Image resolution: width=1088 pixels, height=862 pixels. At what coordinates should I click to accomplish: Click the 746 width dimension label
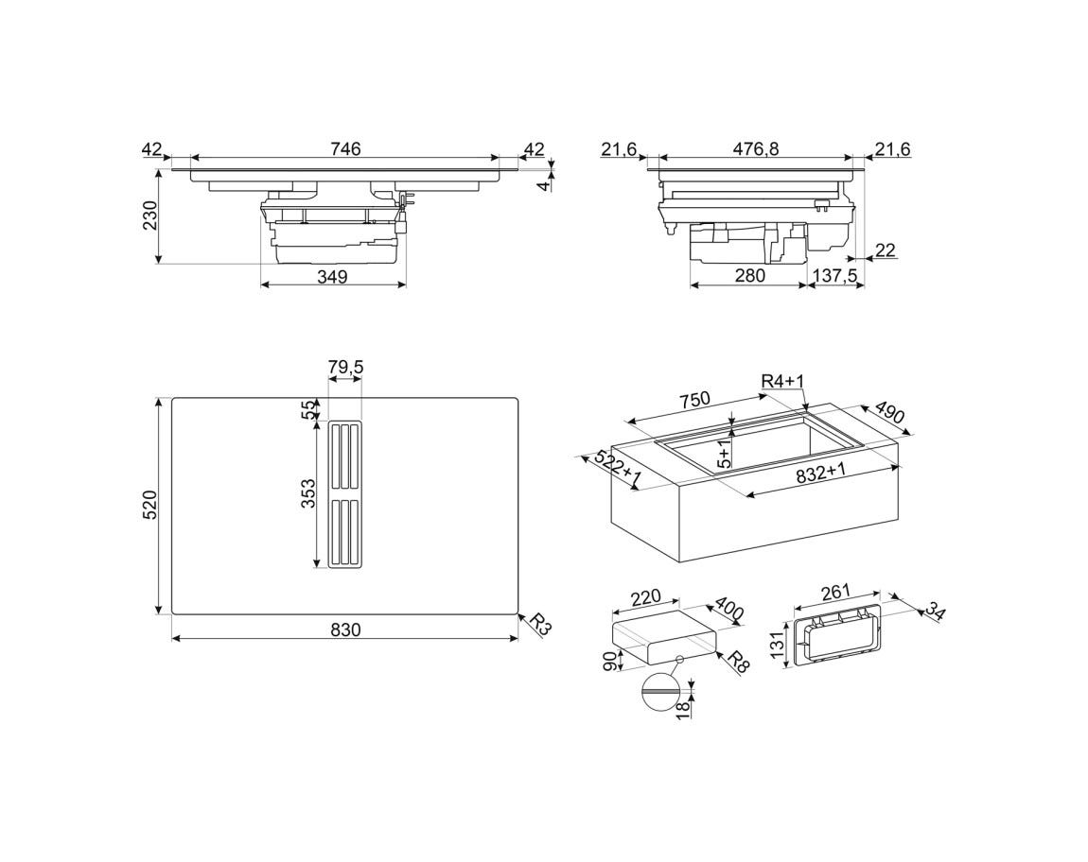pos(345,148)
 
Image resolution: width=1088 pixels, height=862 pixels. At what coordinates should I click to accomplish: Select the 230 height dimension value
pos(150,215)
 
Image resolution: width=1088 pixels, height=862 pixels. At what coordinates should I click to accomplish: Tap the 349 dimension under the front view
pos(332,277)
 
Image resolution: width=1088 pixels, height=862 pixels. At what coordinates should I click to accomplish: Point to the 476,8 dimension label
pos(756,148)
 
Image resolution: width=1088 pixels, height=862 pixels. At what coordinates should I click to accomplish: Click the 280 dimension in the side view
pos(749,275)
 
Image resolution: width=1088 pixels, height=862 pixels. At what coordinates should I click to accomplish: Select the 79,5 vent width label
pos(345,367)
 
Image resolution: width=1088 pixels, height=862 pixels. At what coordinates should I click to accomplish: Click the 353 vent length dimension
pos(308,493)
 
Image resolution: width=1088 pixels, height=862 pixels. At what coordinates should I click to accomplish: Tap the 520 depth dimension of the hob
pos(150,505)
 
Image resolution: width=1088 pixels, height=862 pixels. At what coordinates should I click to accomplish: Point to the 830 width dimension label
pos(345,629)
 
